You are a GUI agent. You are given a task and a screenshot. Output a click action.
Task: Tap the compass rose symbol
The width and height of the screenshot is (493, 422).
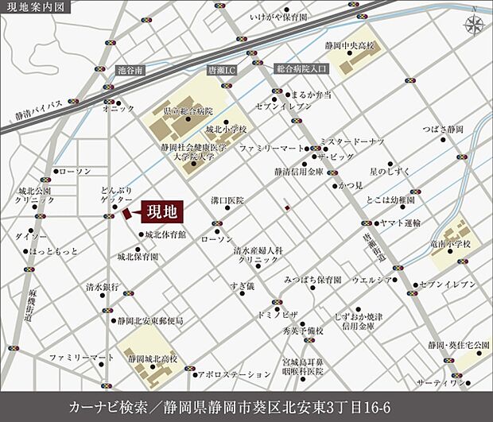[x=474, y=25]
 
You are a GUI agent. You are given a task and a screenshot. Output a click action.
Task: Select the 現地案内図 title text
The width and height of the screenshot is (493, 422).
[x=36, y=8]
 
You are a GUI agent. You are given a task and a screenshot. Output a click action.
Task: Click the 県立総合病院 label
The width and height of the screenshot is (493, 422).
[x=188, y=111]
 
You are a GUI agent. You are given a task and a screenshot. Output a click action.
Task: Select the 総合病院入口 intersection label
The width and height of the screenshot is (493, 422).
[x=301, y=70]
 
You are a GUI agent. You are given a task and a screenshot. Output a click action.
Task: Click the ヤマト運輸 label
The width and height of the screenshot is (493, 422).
[x=400, y=224]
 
